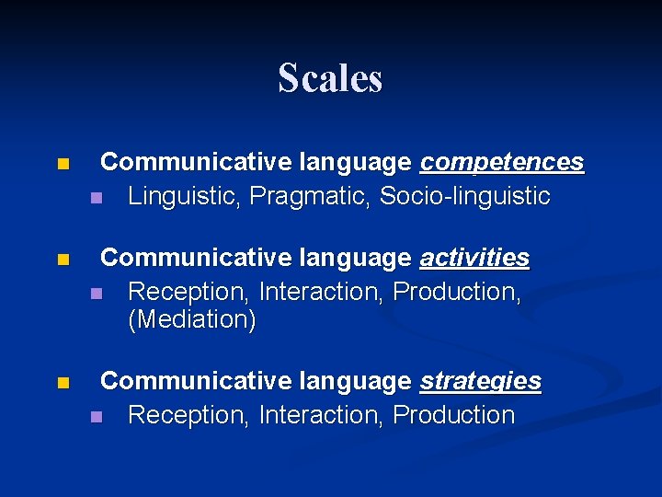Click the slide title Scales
click(x=330, y=78)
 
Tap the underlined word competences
click(x=501, y=163)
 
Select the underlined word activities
click(x=474, y=259)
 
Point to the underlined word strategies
click(x=480, y=382)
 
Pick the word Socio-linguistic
click(x=464, y=196)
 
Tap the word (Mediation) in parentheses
click(x=192, y=321)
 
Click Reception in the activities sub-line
click(x=188, y=292)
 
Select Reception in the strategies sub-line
click(x=188, y=415)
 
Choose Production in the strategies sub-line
click(x=453, y=415)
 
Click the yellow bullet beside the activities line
click(x=62, y=261)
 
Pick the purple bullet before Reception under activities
click(x=96, y=295)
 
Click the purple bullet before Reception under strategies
click(x=96, y=418)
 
